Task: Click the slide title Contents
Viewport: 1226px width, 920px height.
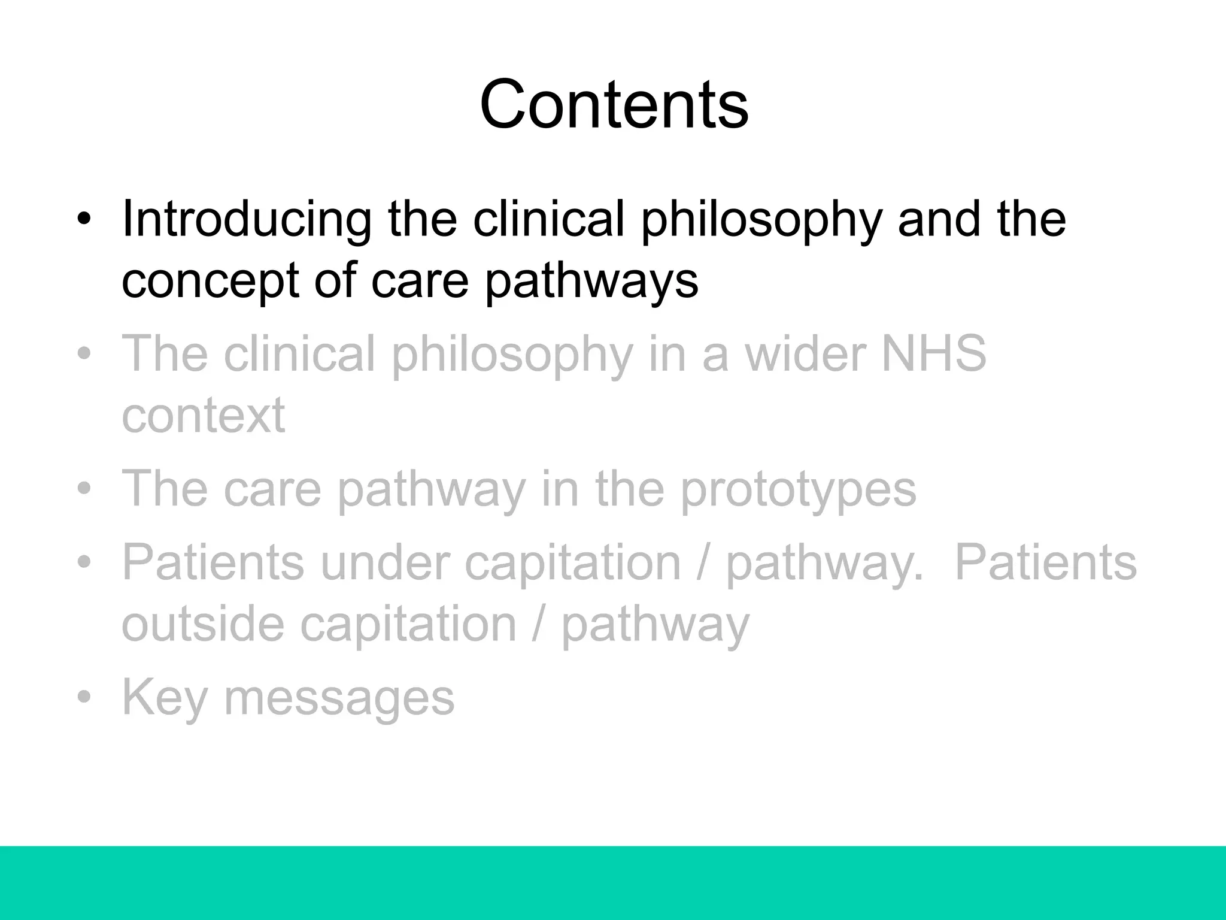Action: [x=614, y=105]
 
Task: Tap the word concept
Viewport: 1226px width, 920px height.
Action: [x=210, y=282]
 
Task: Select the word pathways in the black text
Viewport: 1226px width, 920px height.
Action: [x=591, y=282]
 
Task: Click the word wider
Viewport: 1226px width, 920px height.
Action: [x=805, y=353]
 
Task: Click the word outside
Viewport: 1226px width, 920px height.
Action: [x=203, y=624]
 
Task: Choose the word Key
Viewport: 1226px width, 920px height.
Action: [x=164, y=698]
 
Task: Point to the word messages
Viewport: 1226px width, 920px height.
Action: [x=339, y=698]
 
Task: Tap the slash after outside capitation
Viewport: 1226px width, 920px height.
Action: [x=538, y=624]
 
